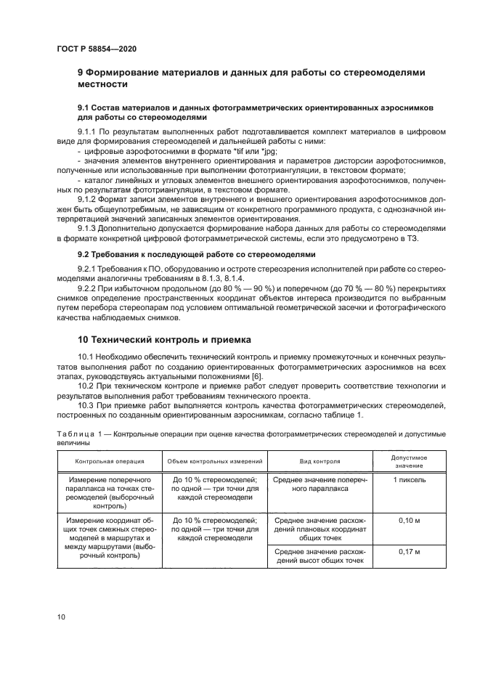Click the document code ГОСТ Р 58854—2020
96,48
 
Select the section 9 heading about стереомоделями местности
251,78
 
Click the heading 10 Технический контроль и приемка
164,339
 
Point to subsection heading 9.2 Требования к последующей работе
197,256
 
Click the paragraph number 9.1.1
87,131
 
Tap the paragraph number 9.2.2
87,288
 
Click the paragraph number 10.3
86,404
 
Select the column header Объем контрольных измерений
214,460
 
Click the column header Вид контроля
320,460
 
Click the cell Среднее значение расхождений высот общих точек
320,557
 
